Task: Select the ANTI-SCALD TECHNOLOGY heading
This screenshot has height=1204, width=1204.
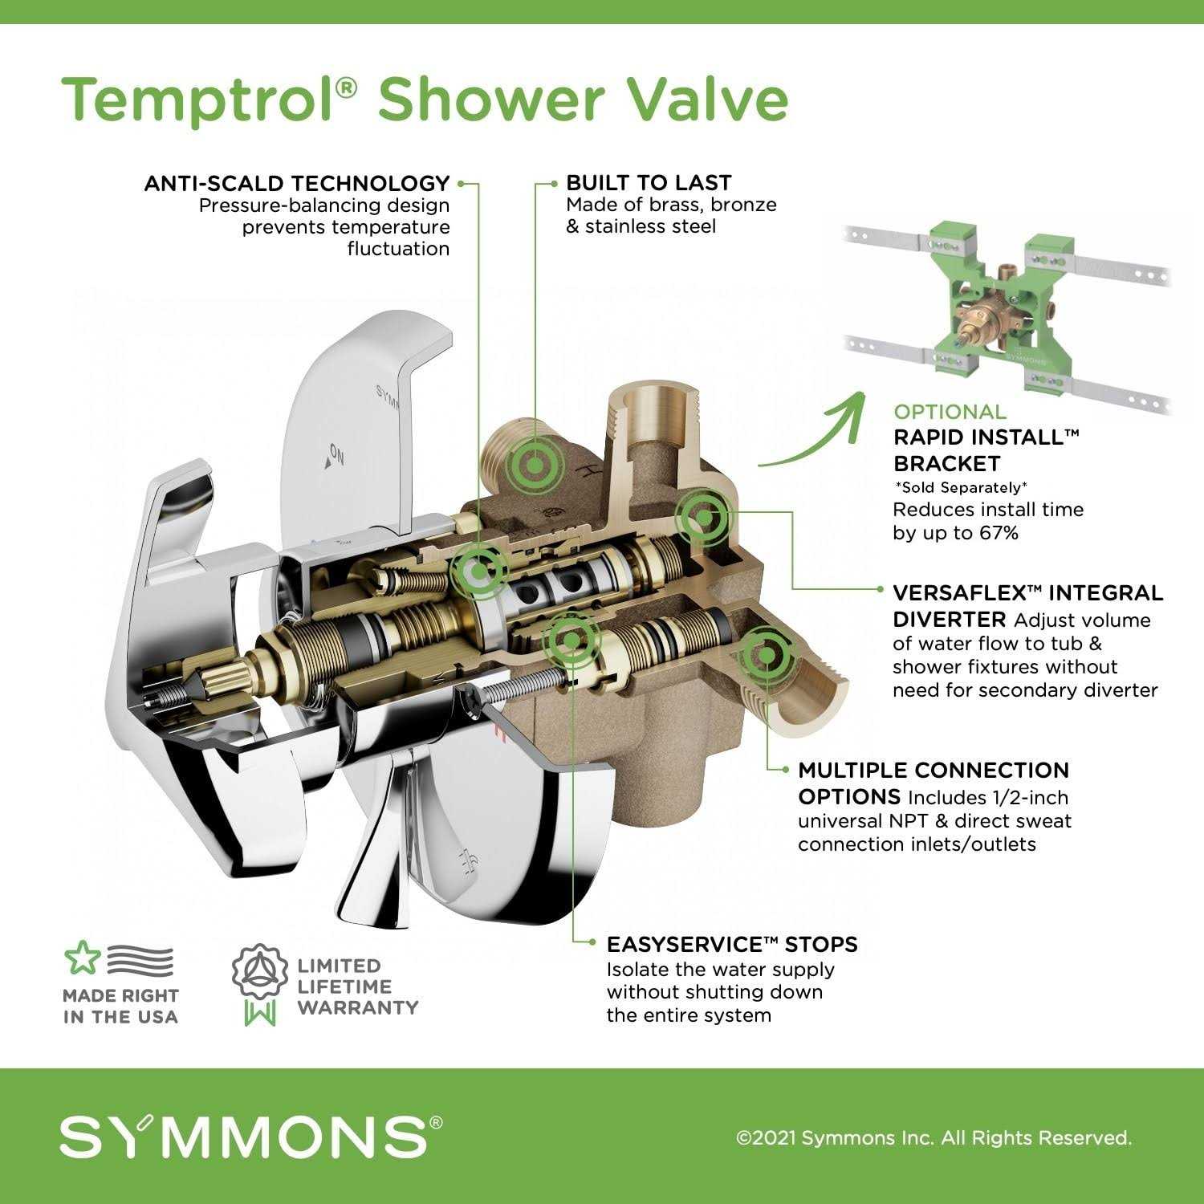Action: (296, 183)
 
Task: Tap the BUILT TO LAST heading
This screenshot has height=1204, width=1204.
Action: (649, 182)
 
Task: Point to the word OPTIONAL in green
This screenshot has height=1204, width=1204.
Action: (950, 412)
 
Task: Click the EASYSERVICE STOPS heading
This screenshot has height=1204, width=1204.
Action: (732, 944)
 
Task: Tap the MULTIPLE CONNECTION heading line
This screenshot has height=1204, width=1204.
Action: (934, 771)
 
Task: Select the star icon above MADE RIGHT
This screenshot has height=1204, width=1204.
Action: (80, 958)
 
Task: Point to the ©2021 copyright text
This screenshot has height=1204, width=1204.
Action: (934, 1137)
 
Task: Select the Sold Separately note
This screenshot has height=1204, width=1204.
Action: (961, 487)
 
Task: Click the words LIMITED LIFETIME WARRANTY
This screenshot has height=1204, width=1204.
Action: (358, 986)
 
